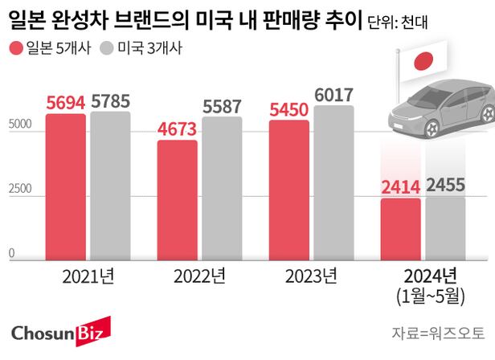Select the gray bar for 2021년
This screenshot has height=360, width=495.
tap(110, 186)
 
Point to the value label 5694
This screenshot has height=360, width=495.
tap(65, 104)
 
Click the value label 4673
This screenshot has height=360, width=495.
tap(177, 129)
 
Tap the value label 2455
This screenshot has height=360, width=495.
tap(445, 186)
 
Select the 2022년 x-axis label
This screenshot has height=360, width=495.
tap(199, 278)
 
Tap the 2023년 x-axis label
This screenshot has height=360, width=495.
tap(311, 278)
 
